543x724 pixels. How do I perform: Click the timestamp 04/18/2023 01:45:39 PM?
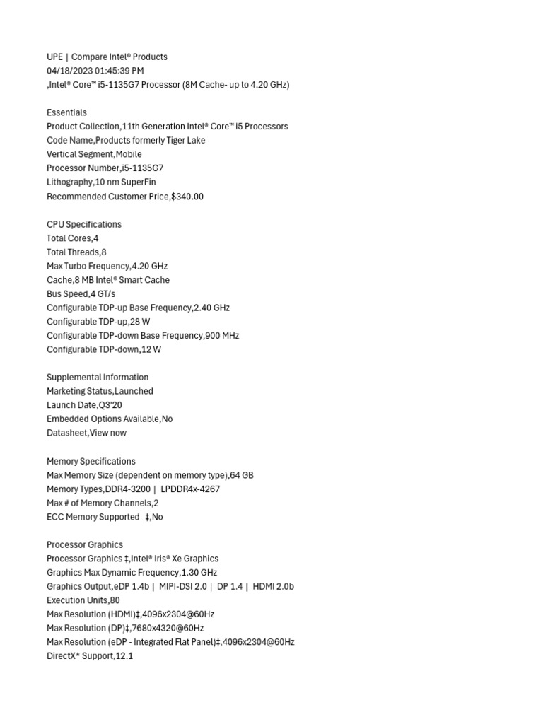pyautogui.click(x=95, y=71)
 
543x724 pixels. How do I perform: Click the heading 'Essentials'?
pyautogui.click(x=66, y=112)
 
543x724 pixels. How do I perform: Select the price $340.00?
pyautogui.click(x=187, y=197)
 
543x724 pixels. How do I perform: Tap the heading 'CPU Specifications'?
pyautogui.click(x=84, y=224)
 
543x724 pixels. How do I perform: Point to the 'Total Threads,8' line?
pyautogui.click(x=76, y=252)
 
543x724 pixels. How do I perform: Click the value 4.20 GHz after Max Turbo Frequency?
pyautogui.click(x=150, y=266)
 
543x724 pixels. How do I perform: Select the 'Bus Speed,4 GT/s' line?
pyautogui.click(x=81, y=293)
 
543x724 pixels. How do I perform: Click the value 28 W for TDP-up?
pyautogui.click(x=140, y=322)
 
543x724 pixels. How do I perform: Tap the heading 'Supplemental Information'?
pyautogui.click(x=98, y=378)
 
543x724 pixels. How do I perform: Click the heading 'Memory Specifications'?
pyautogui.click(x=91, y=461)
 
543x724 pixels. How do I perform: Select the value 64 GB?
pyautogui.click(x=242, y=475)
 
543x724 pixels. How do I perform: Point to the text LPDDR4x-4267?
pyautogui.click(x=190, y=489)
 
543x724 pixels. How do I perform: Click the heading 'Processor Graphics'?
pyautogui.click(x=85, y=544)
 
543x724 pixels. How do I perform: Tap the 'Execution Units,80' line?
pyautogui.click(x=83, y=600)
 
